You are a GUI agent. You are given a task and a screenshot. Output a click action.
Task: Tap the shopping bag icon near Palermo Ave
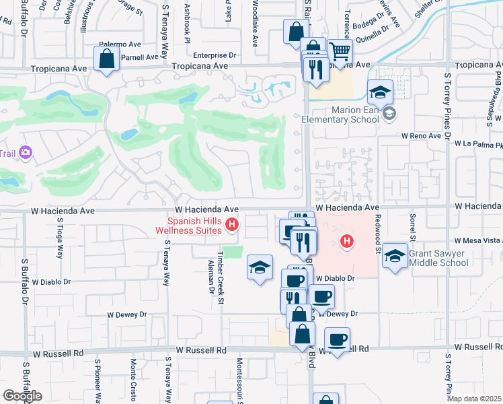pyautogui.click(x=107, y=59)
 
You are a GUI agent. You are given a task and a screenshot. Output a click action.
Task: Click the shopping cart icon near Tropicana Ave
pyautogui.click(x=341, y=51)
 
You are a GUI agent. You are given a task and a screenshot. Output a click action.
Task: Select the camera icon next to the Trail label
pyautogui.click(x=26, y=153)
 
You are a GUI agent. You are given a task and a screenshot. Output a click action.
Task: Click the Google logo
pyautogui.click(x=22, y=395)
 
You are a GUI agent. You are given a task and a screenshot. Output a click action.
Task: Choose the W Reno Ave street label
pyautogui.click(x=420, y=135)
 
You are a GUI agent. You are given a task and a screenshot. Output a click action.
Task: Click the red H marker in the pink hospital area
pyautogui.click(x=347, y=240)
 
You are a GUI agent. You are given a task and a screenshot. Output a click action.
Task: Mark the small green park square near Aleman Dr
pyautogui.click(x=232, y=251)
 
